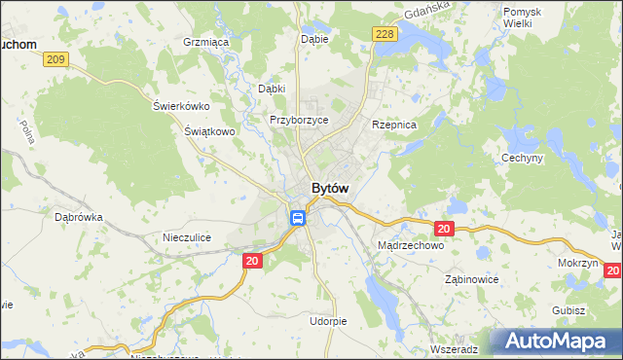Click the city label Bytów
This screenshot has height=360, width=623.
[x=331, y=188]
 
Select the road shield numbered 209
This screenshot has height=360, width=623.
[x=55, y=59]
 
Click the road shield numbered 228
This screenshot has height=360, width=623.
[x=385, y=34]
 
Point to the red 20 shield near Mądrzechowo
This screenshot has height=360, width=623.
[x=444, y=229]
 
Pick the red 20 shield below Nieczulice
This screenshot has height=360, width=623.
[x=252, y=261]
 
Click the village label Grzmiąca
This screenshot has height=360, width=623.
[x=205, y=43]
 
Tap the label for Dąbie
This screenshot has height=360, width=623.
[x=314, y=40]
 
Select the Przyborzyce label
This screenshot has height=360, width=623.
[x=299, y=120]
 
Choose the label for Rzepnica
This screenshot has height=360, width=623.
[x=394, y=126]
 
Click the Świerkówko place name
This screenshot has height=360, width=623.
[x=181, y=106]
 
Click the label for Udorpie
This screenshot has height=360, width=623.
[x=328, y=321]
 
